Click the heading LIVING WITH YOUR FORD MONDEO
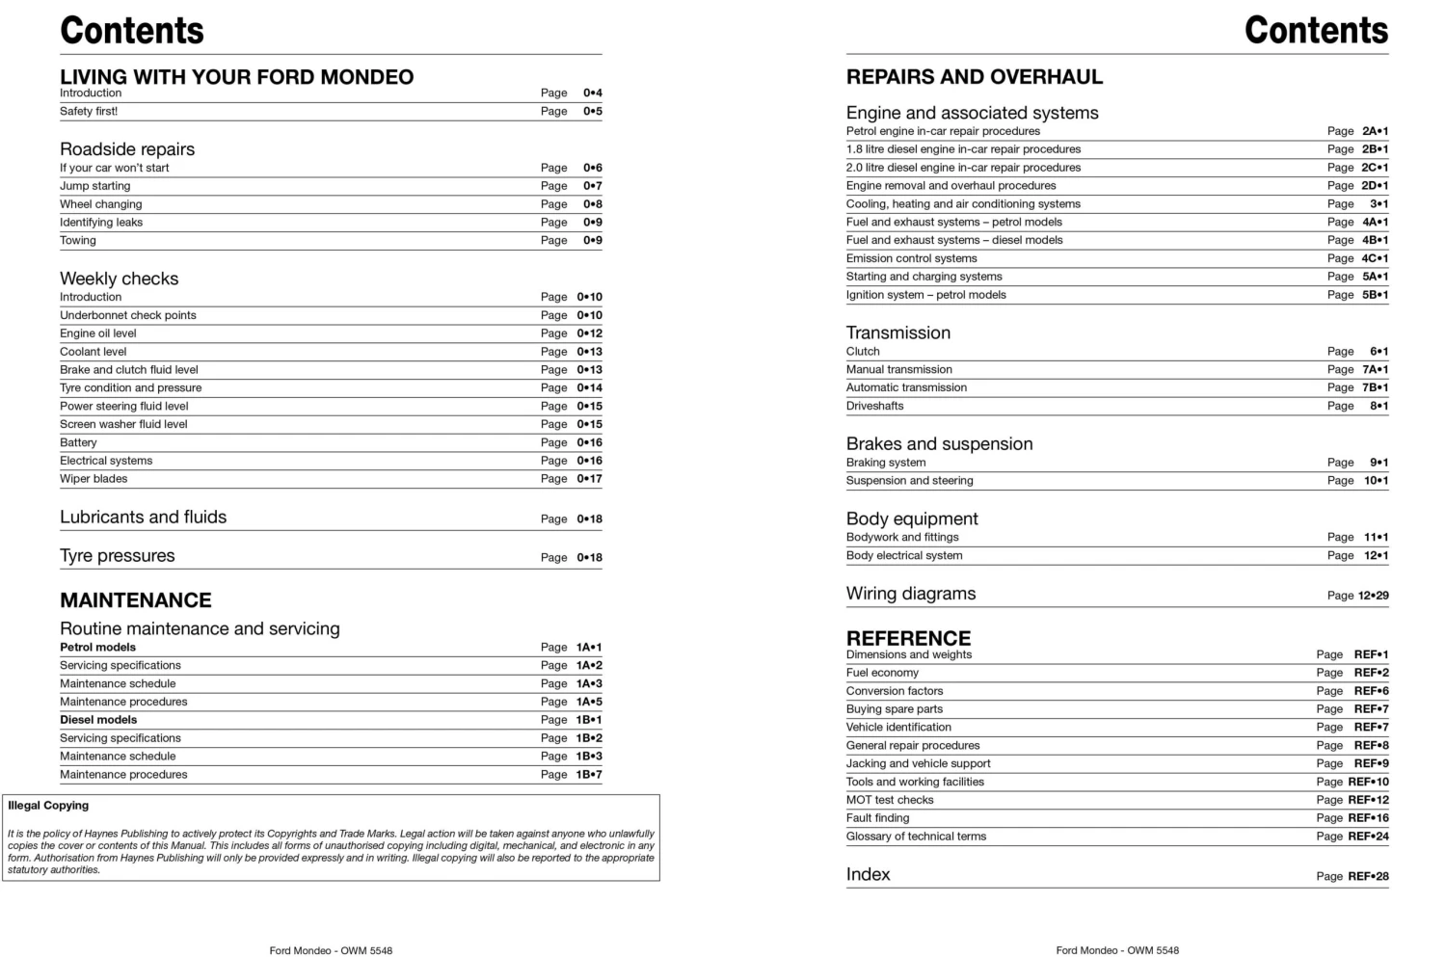click(236, 77)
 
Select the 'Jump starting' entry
click(94, 186)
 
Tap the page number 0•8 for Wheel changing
click(592, 204)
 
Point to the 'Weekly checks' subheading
click(119, 279)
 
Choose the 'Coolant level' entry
click(93, 352)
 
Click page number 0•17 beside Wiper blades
click(589, 479)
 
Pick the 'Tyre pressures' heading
click(117, 556)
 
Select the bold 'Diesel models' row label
click(98, 720)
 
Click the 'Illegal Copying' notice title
click(48, 806)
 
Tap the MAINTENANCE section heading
click(135, 600)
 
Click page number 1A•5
click(589, 702)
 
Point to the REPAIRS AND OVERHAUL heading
click(974, 77)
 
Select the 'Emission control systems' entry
click(911, 258)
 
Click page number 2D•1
click(1375, 186)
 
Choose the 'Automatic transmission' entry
click(906, 387)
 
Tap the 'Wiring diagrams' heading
click(910, 594)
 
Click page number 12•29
click(1373, 596)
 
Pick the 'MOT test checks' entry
click(890, 800)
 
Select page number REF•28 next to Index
click(1368, 876)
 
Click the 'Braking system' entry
click(885, 463)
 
